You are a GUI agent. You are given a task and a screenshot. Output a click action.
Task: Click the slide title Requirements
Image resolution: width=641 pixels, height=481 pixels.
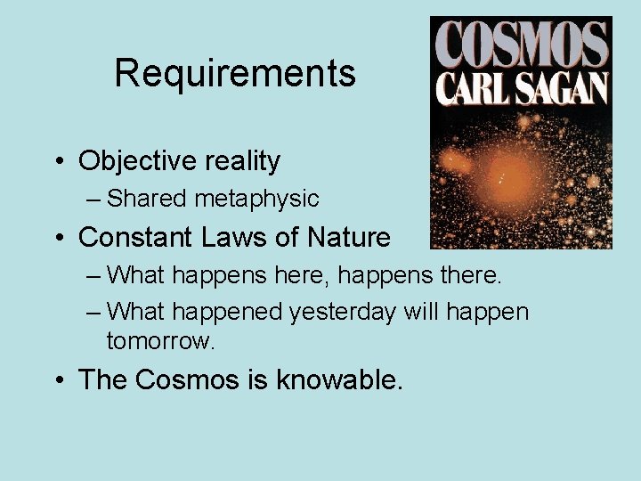point(235,73)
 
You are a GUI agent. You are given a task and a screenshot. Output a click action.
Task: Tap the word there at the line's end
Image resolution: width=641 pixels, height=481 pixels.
point(471,275)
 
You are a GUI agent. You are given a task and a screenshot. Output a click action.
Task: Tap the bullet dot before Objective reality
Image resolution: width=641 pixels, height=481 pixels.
point(58,162)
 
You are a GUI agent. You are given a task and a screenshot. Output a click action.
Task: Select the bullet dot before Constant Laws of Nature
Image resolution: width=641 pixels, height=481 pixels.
point(58,239)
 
